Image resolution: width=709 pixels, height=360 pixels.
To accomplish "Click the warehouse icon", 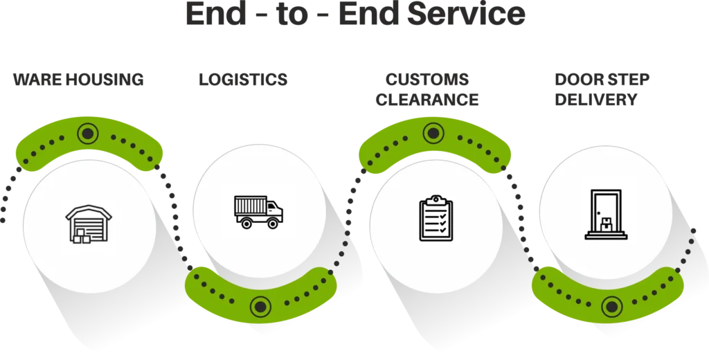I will [x=88, y=224].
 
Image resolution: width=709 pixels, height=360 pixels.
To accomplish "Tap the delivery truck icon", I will [x=259, y=211].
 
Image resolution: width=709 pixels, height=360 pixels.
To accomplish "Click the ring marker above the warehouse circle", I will [x=87, y=132].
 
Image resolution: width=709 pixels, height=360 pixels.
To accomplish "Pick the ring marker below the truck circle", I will [x=260, y=304].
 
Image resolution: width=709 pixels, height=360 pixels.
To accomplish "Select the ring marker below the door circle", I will [x=611, y=304].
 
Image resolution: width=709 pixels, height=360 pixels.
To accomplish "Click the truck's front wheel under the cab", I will [x=274, y=222].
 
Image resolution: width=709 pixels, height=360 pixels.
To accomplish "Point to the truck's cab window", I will [x=274, y=206].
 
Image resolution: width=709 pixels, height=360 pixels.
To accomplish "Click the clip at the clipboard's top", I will [x=436, y=199].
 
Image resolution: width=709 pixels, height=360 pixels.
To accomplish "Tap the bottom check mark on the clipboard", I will [x=442, y=231].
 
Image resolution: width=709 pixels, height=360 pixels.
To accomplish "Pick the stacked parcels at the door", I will [x=606, y=223].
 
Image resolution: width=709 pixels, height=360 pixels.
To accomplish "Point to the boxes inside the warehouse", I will [x=81, y=235].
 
